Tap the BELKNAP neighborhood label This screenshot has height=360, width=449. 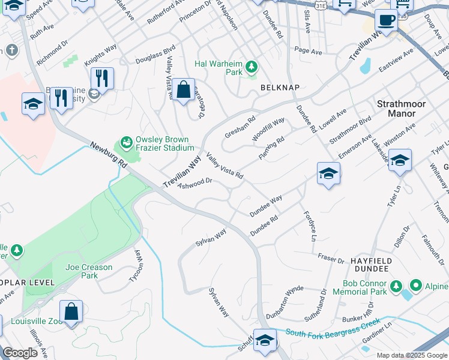pyautogui.click(x=279, y=88)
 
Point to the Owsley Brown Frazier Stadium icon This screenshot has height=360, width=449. pyautogui.click(x=126, y=143)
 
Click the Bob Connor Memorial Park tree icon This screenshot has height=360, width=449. pyautogui.click(x=395, y=287)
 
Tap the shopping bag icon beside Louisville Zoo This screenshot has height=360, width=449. pyautogui.click(x=71, y=312)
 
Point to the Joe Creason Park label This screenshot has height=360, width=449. pyautogui.click(x=89, y=271)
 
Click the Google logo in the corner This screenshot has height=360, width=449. pyautogui.click(x=20, y=353)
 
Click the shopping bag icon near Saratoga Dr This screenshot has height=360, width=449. pyautogui.click(x=184, y=90)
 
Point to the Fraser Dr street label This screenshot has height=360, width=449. pyautogui.click(x=331, y=260)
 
